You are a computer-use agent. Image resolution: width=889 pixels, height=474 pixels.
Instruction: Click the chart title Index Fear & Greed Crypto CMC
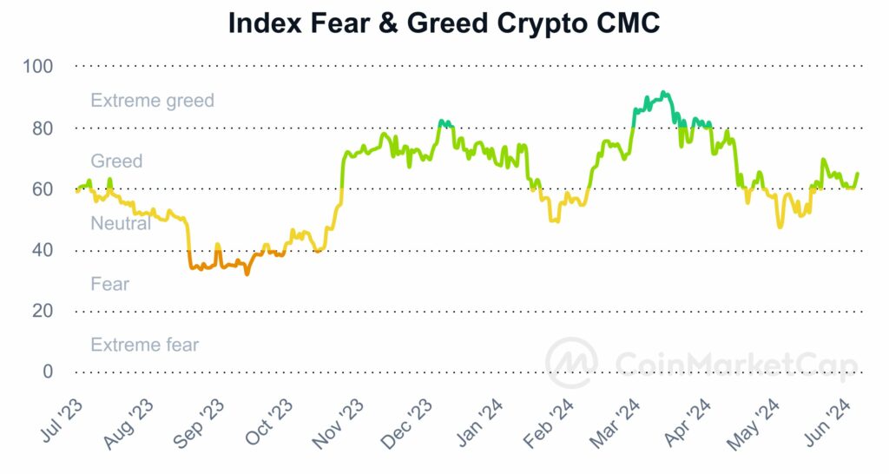click(444, 23)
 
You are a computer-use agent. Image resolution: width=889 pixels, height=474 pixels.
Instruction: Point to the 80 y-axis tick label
click(43, 128)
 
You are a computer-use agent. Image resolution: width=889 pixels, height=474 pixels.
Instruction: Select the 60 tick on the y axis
click(43, 189)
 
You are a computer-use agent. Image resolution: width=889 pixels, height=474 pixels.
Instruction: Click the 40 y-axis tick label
click(43, 250)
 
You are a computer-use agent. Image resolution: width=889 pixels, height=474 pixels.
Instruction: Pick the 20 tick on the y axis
click(43, 311)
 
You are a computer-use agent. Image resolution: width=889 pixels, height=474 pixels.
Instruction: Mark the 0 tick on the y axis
click(48, 372)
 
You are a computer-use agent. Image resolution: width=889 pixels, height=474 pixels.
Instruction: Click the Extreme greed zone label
click(152, 101)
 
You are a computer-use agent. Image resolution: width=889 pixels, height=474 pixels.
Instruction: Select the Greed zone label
click(116, 161)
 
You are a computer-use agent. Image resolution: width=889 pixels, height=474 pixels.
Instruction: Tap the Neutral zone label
click(121, 223)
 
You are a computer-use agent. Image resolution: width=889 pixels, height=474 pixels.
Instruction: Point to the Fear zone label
click(109, 284)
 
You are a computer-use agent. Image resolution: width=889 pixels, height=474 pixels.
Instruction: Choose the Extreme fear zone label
click(144, 345)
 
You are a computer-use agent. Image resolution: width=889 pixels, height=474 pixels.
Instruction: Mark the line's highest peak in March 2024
click(663, 92)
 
